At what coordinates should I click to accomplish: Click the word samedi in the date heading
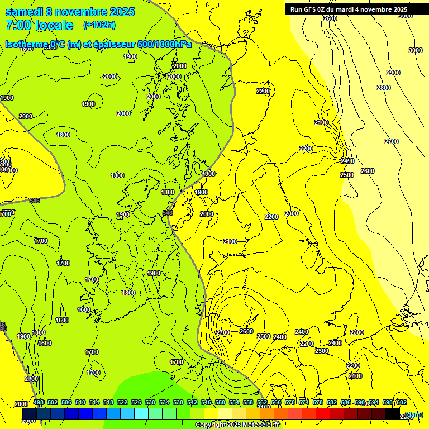point(25,12)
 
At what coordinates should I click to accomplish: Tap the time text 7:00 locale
point(39,25)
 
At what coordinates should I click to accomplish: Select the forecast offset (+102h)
point(99,25)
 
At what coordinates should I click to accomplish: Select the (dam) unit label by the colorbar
point(414,414)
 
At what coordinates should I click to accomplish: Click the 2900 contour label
point(393,73)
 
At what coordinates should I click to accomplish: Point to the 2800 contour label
point(384,88)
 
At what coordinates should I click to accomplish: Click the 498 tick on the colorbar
point(39,403)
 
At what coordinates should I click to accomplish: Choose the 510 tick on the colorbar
point(80,403)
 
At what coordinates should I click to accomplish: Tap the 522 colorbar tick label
point(122,403)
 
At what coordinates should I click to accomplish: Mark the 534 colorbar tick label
point(164,403)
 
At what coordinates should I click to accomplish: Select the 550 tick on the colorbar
point(220,403)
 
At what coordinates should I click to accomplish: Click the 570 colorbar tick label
point(290,403)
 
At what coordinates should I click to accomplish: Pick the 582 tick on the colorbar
point(332,403)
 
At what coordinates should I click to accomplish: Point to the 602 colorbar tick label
point(401,403)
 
